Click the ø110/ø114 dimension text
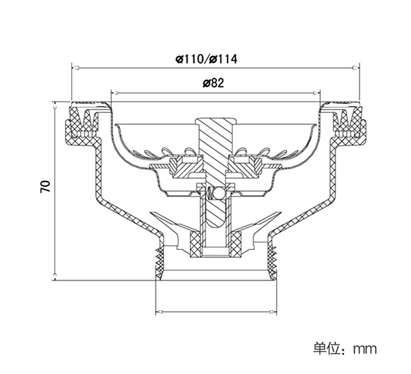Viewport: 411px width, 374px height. pos(206,58)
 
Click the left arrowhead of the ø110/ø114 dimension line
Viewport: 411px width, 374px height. pos(75,68)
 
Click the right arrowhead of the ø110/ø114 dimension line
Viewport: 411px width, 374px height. pos(356,68)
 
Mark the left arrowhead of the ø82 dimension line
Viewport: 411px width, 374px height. pos(113,92)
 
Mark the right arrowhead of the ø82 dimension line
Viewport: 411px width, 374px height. pos(319,92)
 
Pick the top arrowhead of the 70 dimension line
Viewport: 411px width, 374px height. pos(55,105)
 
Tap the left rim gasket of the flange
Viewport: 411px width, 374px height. pos(80,123)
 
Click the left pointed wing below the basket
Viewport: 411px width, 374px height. pos(163,223)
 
